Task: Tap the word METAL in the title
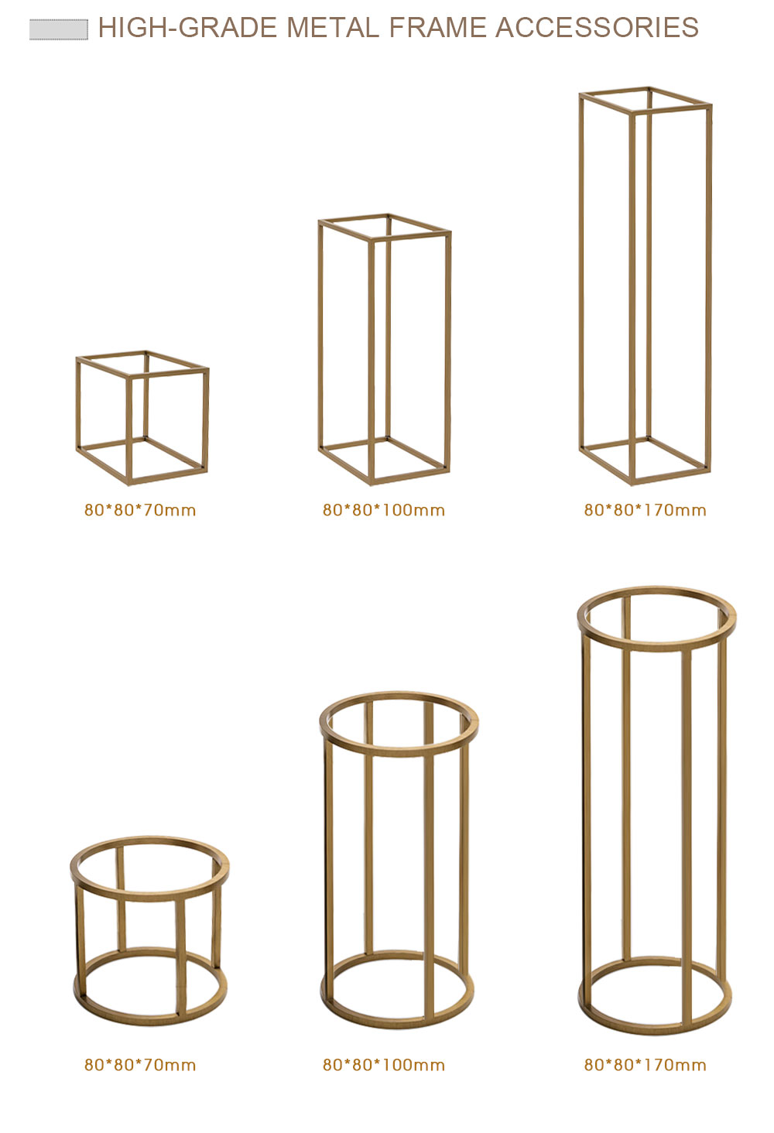pos(333,27)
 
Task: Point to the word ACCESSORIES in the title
pos(597,27)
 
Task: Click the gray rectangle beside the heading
pos(59,29)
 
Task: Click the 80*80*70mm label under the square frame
pos(140,510)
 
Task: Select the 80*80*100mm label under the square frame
pos(384,510)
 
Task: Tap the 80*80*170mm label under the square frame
pos(645,510)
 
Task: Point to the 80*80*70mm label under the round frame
pos(140,1065)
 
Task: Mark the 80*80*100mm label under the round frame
pos(384,1065)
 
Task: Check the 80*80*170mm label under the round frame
pos(645,1065)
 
